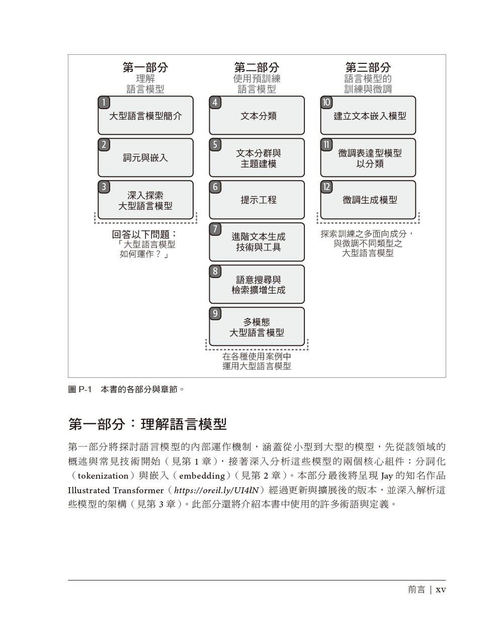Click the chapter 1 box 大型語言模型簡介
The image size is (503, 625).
145,115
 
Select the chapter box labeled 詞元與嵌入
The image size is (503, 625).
145,158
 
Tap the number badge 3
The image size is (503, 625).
104,187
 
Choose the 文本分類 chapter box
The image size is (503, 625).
257,115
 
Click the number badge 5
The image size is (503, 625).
215,145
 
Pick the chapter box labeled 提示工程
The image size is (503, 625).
257,200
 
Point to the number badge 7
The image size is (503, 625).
215,229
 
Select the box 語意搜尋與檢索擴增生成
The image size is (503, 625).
257,284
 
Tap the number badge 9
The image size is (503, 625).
215,314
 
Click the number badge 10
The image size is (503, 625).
326,102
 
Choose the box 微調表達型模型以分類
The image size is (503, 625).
368,158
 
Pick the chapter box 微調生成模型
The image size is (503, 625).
368,200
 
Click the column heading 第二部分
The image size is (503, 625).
257,67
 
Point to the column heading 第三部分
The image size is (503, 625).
368,67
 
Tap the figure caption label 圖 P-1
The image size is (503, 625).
80,389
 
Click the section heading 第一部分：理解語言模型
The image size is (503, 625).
147,424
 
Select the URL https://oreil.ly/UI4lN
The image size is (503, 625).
216,490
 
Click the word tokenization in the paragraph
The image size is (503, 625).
103,476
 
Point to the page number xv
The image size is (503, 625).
441,590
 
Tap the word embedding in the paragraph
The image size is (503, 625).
202,476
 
